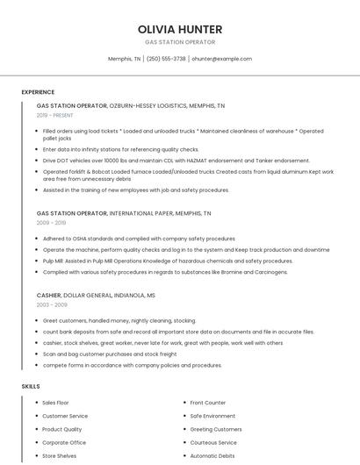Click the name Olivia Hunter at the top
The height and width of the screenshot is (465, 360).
click(x=179, y=29)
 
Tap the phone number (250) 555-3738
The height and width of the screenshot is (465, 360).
click(x=166, y=59)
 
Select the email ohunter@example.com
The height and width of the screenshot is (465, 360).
click(x=221, y=59)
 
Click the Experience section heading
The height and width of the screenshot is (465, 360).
click(x=38, y=92)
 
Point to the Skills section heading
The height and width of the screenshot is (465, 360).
click(x=31, y=386)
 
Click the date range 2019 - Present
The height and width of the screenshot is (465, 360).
click(x=55, y=115)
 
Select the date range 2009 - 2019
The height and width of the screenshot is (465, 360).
click(x=52, y=223)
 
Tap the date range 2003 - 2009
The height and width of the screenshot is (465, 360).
click(x=52, y=304)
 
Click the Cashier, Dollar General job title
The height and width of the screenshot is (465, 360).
click(x=96, y=296)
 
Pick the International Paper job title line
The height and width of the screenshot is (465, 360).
click(x=124, y=213)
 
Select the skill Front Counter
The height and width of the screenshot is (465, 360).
click(x=208, y=403)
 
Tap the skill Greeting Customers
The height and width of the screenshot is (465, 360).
click(x=216, y=429)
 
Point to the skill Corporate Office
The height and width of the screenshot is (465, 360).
click(x=64, y=443)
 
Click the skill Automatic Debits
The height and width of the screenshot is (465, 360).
click(x=212, y=456)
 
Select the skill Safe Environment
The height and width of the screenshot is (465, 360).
click(x=212, y=416)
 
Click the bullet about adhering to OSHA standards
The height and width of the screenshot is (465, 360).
click(x=139, y=239)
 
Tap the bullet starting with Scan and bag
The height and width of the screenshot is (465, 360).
click(x=109, y=354)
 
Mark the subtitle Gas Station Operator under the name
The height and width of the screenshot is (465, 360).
click(x=179, y=42)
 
